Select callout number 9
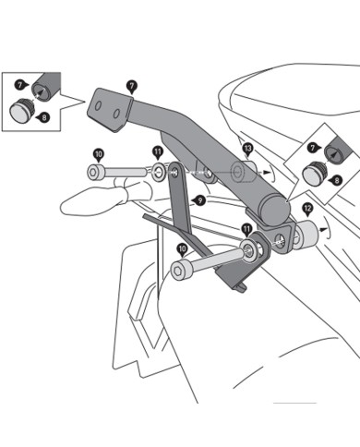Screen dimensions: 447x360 tap(198, 199)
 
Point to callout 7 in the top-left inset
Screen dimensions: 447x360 tap(19, 85)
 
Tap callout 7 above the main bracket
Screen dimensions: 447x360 tap(132, 85)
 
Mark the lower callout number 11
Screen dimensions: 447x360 tap(246, 228)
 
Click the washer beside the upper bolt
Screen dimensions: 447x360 tap(161, 171)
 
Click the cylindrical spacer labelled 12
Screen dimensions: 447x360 tap(307, 236)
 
